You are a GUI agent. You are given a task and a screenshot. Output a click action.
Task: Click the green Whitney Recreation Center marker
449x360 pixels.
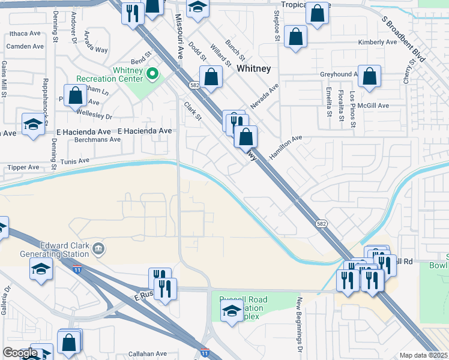[152, 74]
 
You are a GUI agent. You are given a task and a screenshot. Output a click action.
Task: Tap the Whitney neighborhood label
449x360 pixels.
[254, 69]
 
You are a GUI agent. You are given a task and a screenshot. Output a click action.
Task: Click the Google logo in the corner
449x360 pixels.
[20, 353]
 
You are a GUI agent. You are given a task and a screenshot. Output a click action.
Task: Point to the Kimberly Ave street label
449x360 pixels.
[378, 43]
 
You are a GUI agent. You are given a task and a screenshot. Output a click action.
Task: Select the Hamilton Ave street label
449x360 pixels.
[286, 147]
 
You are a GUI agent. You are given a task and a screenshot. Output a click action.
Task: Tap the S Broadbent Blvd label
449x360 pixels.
[403, 40]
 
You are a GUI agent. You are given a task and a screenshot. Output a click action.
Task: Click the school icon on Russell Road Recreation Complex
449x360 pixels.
[232, 312]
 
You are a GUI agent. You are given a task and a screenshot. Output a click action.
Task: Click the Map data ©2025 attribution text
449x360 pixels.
[423, 355]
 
